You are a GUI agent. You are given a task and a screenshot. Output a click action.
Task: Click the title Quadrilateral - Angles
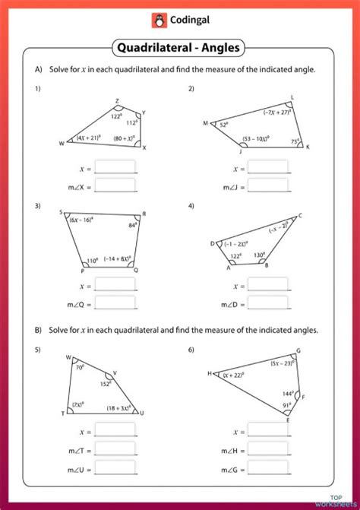point(180,48)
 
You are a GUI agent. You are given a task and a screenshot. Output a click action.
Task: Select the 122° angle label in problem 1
point(116,116)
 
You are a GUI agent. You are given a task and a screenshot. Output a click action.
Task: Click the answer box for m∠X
point(115,185)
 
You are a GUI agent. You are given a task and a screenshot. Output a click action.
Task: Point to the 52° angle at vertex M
point(224,125)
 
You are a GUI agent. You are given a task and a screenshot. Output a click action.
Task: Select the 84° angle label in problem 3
point(132,226)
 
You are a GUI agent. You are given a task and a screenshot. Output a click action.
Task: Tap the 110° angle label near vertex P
point(93,260)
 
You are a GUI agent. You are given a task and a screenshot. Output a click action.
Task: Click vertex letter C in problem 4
point(300,216)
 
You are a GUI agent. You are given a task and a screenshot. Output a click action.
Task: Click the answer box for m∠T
point(115,451)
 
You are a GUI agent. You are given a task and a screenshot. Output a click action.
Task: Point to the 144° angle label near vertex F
point(289,394)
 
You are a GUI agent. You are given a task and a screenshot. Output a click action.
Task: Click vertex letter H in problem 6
point(210,373)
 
